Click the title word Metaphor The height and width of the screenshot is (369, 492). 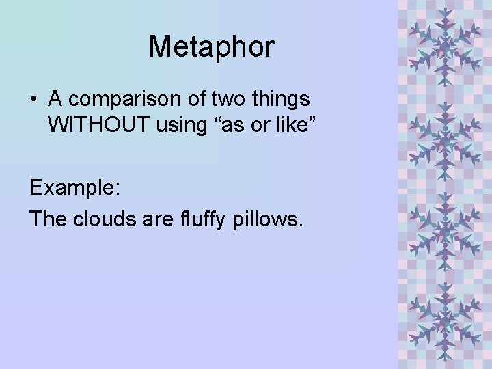211,47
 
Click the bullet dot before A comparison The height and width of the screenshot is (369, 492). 33,100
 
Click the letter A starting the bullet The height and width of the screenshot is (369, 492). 55,100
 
